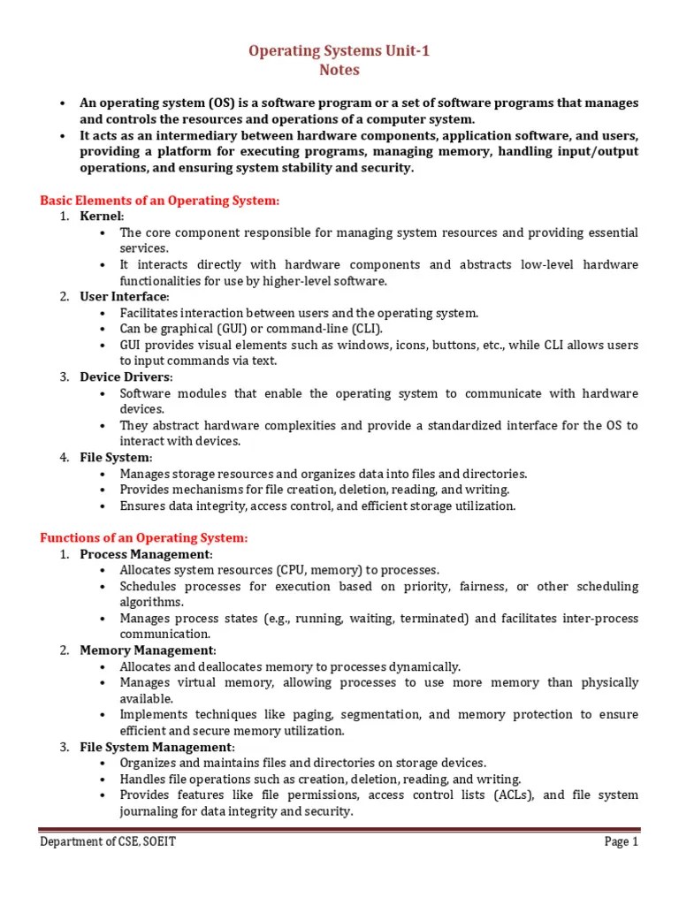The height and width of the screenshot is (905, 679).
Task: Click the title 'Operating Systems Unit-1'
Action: (340, 52)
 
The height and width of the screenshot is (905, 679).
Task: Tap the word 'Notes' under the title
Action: (340, 70)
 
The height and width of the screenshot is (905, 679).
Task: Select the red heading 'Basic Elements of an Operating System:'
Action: (159, 201)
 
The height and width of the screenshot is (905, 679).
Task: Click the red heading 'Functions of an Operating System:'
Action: (144, 537)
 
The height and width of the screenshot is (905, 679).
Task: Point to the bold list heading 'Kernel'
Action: (102, 217)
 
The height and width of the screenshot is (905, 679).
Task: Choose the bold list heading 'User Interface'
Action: (123, 296)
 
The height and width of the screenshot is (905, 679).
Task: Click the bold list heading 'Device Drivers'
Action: (126, 377)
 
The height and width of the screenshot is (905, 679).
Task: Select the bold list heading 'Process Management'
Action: (145, 554)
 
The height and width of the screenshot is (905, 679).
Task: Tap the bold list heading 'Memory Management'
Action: (147, 650)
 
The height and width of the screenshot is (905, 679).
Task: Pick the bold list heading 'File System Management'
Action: (156, 747)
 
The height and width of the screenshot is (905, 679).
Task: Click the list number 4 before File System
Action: (65, 458)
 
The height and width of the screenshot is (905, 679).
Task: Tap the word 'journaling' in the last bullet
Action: (149, 811)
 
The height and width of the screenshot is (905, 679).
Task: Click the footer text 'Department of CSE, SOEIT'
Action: (108, 842)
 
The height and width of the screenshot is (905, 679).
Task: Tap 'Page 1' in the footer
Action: (621, 842)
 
